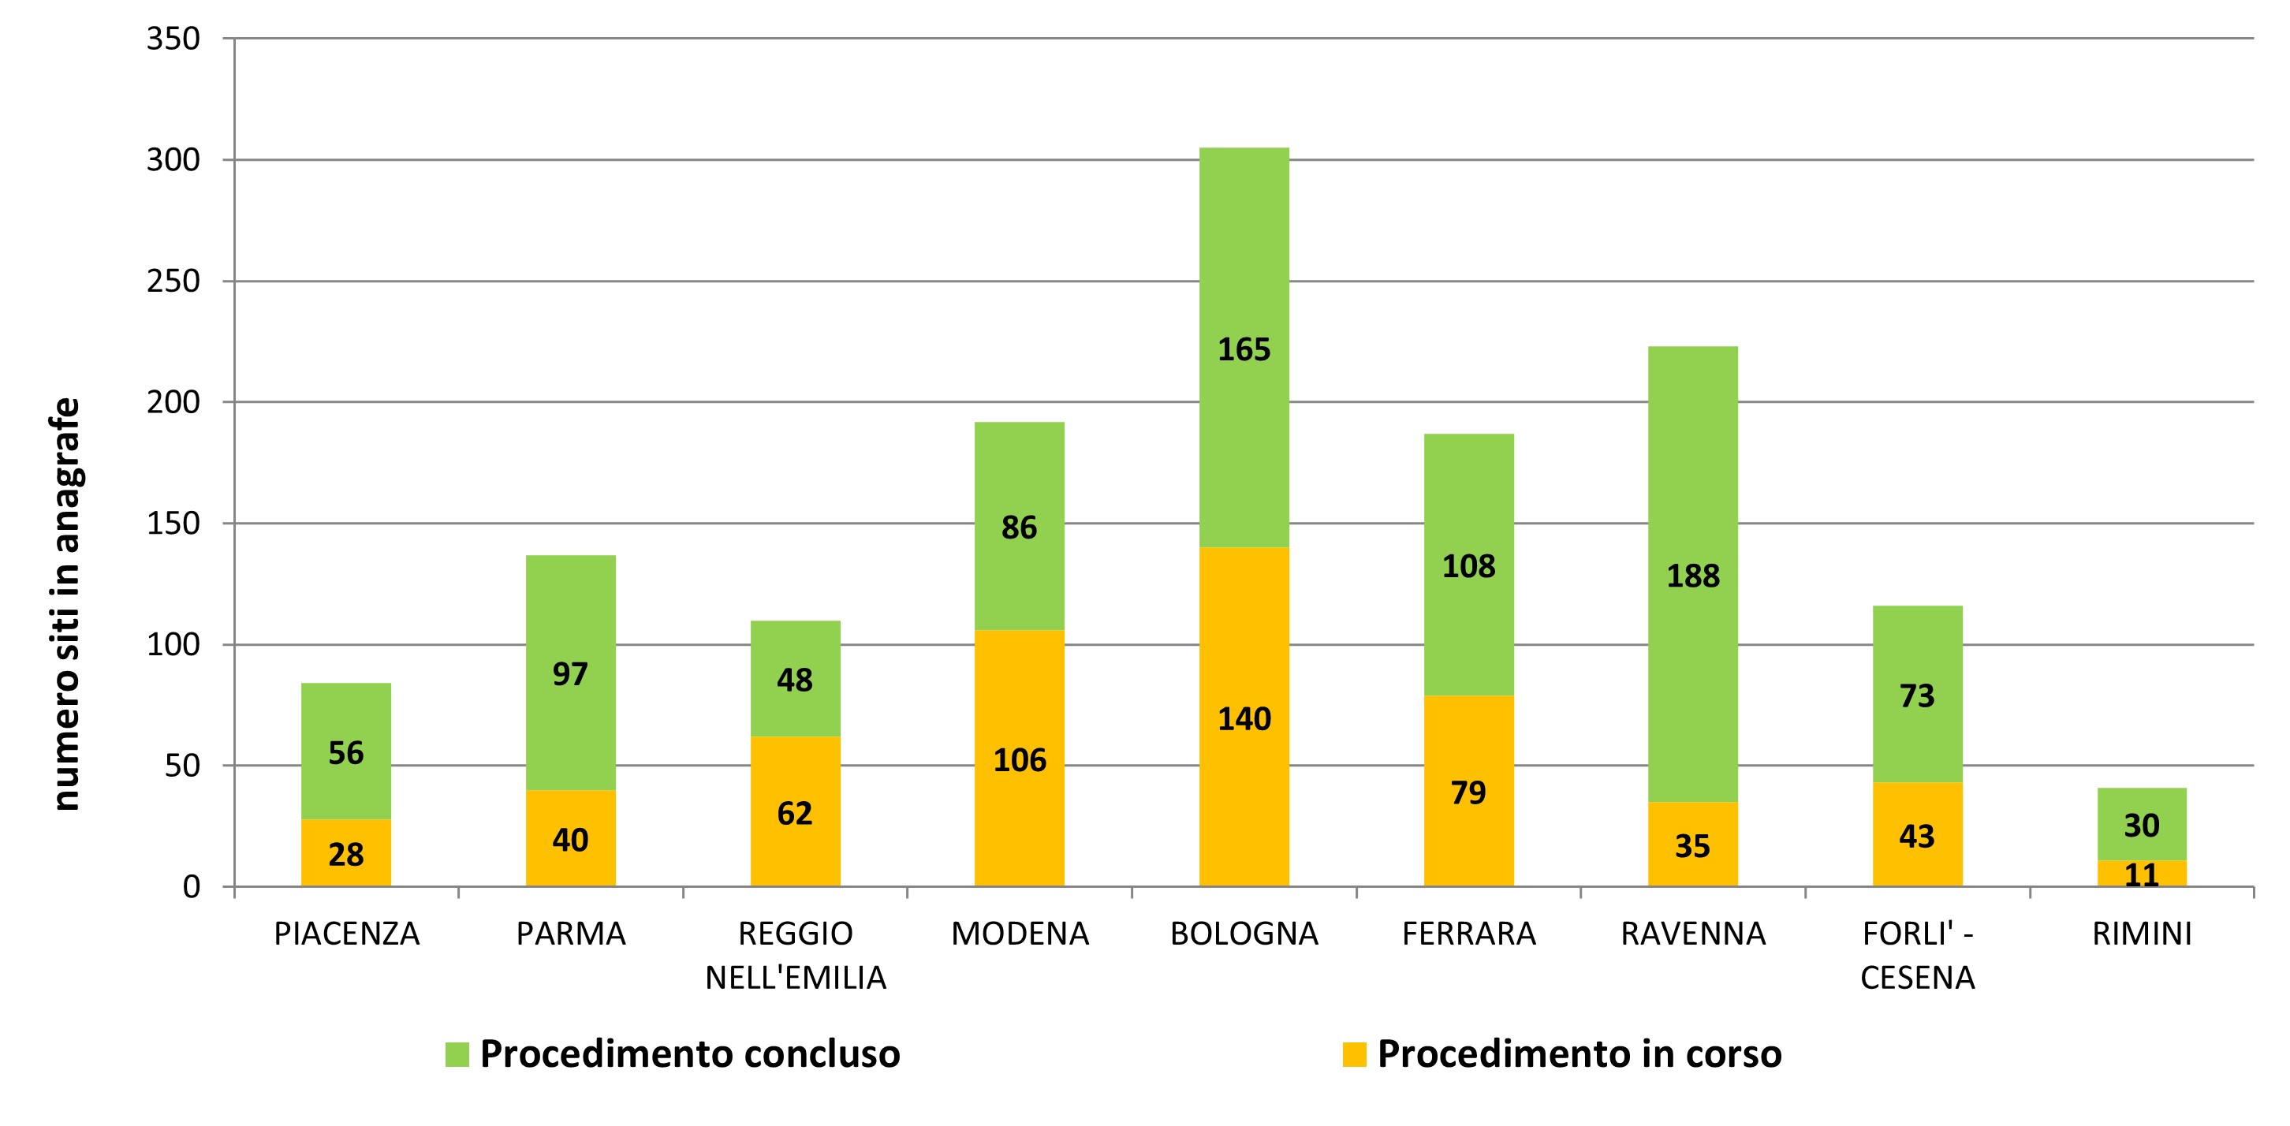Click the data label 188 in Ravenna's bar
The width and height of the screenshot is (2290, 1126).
pos(1692,576)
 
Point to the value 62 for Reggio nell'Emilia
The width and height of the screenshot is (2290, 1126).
pos(794,813)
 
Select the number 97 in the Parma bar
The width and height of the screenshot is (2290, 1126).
pos(570,673)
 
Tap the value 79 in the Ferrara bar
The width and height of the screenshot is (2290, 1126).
pos(1468,792)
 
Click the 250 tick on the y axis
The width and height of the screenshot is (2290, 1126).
pos(173,281)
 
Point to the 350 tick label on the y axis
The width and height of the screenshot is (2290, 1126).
pos(173,39)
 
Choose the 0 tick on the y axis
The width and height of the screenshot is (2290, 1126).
pos(191,886)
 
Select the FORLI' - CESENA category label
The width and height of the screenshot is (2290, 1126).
pos(1917,956)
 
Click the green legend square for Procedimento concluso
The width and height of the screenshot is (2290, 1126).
pos(457,1054)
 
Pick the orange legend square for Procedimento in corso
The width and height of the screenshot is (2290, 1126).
pos(1354,1054)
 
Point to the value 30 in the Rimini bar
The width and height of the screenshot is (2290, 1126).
pos(2142,826)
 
